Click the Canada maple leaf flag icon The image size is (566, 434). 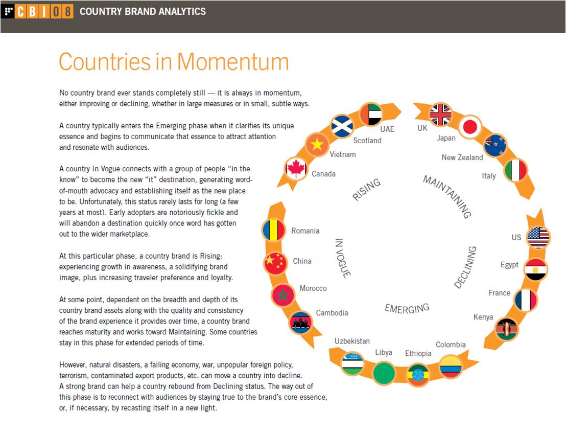[296, 168]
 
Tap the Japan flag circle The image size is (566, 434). [468, 126]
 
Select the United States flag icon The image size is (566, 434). [538, 237]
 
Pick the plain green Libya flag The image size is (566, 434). [384, 373]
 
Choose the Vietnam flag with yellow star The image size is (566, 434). [317, 145]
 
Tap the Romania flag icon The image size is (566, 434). [273, 230]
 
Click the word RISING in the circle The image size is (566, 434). [367, 190]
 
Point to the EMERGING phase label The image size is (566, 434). [407, 308]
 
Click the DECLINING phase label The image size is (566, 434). [465, 267]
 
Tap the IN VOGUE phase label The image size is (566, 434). [343, 258]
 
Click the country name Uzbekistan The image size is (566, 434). [352, 341]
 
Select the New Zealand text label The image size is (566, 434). [462, 157]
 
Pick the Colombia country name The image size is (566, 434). [451, 345]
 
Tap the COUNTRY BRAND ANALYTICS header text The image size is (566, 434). [143, 11]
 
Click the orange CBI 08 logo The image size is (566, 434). [44, 11]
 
